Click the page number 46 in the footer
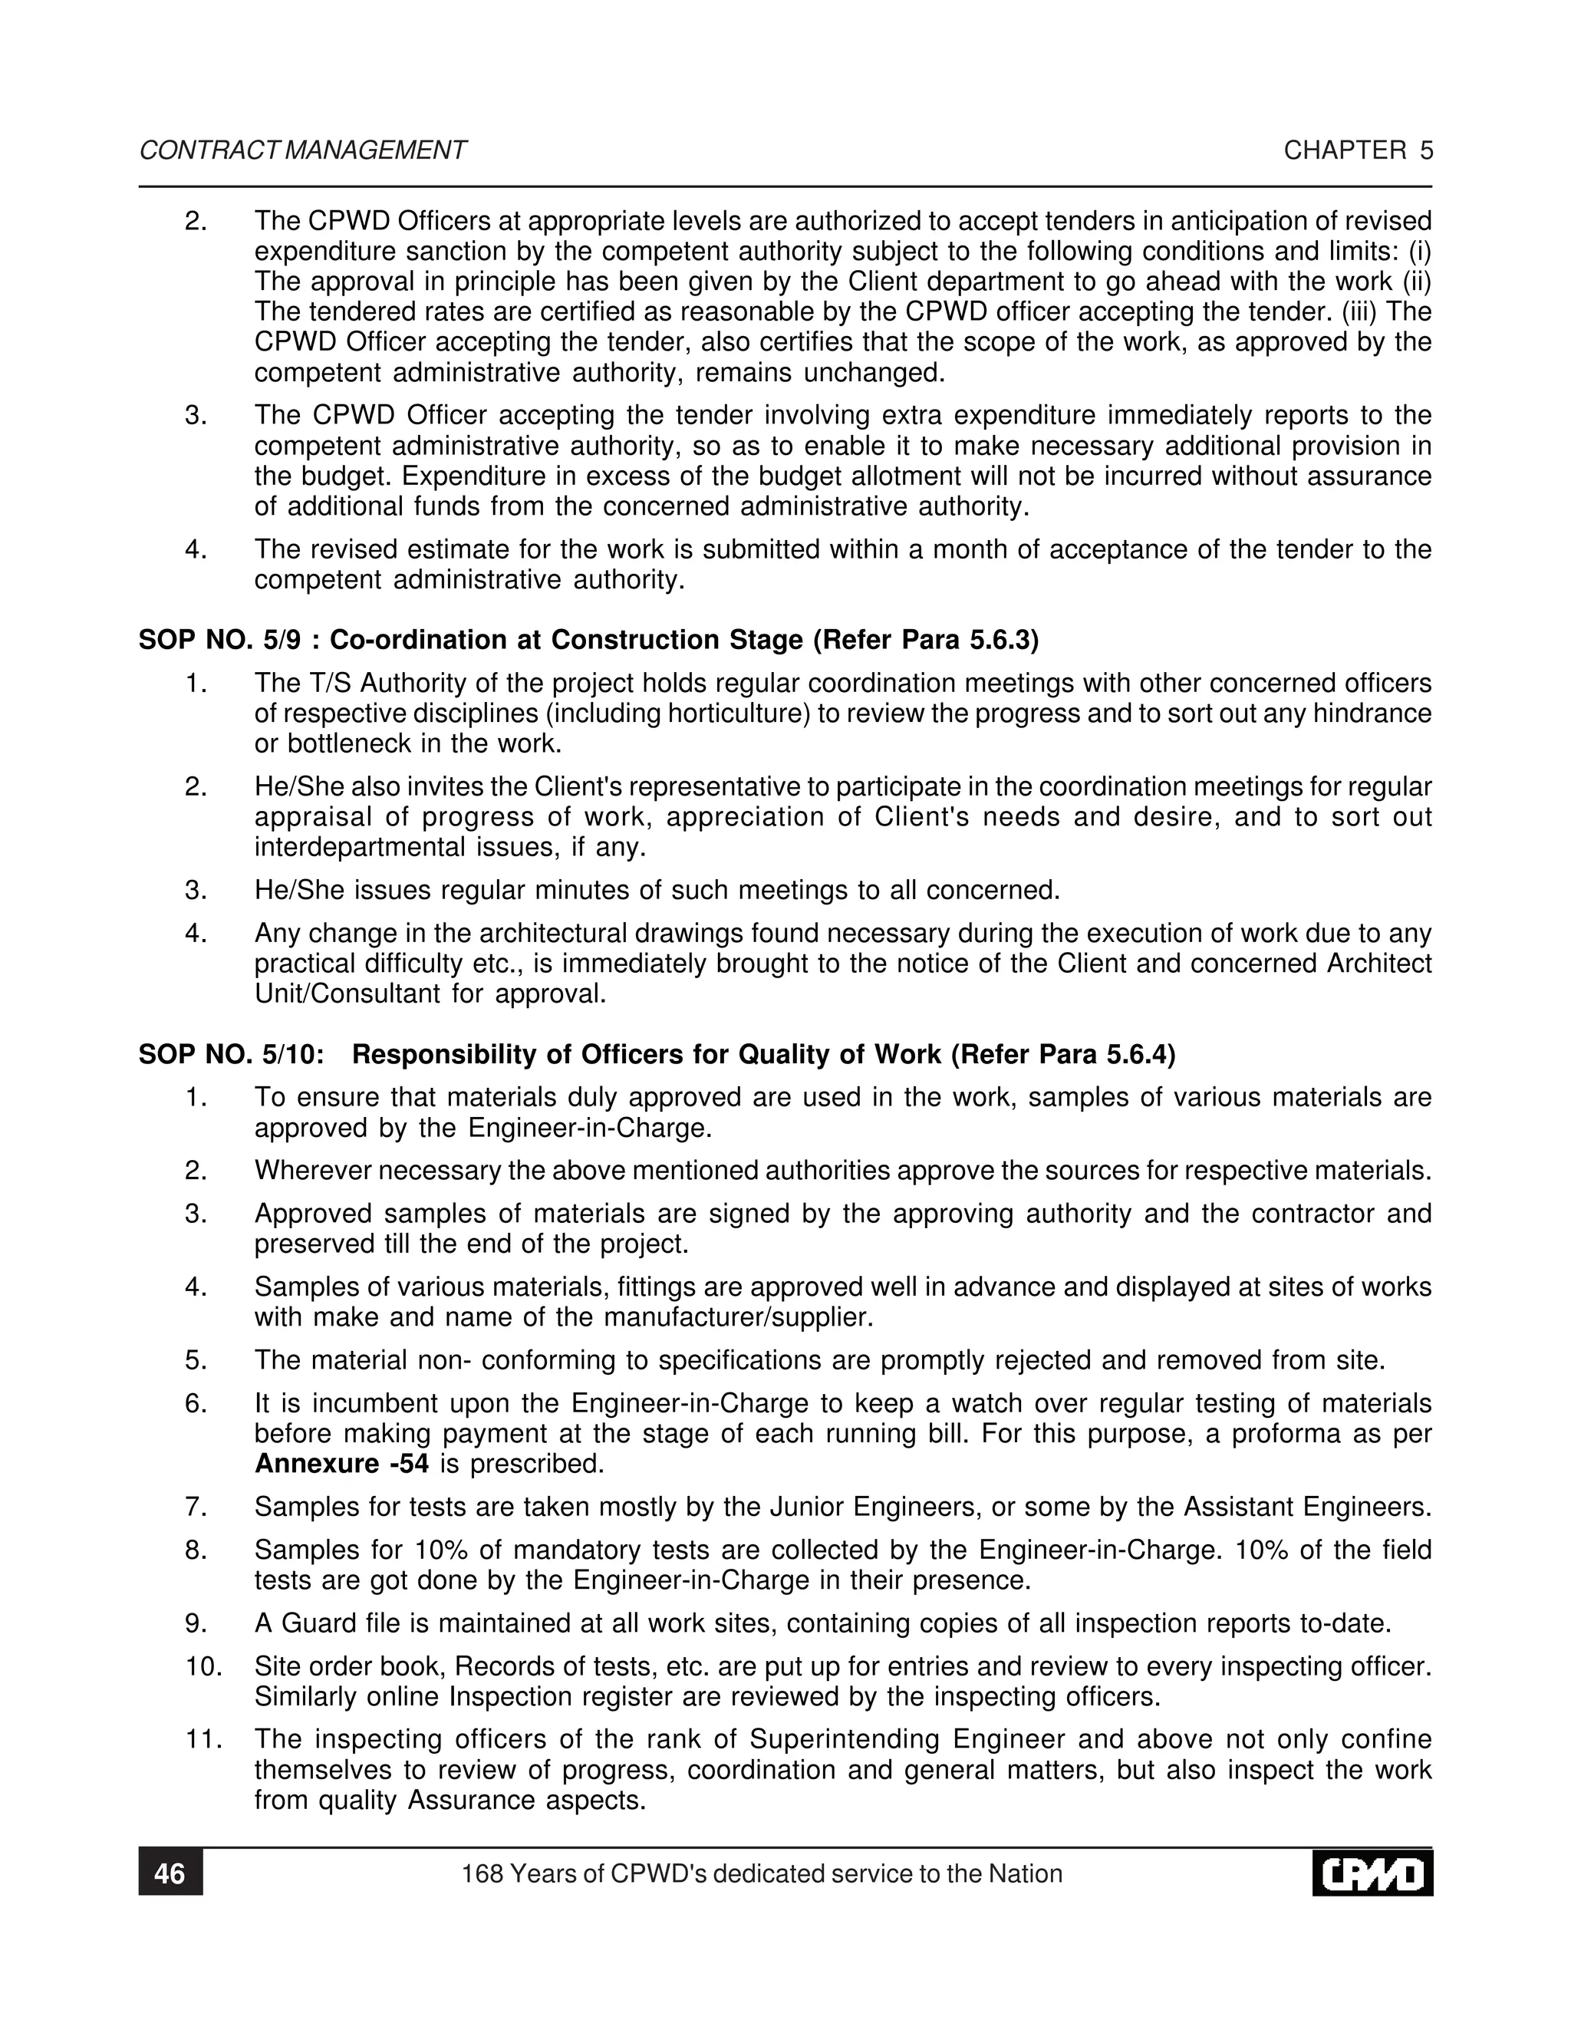tap(170, 1873)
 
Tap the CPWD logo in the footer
tap(1372, 1873)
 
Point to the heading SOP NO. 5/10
tap(231, 1055)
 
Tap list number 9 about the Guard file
tap(196, 1623)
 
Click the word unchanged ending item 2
tap(874, 374)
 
